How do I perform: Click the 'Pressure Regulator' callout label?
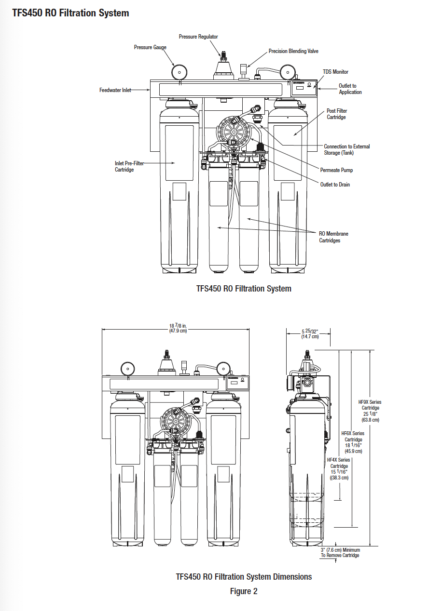click(198, 37)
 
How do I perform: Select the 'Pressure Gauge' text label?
click(150, 47)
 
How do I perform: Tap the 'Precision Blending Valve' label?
click(293, 51)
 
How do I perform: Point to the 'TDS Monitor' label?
click(335, 72)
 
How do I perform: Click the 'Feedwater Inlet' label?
click(115, 90)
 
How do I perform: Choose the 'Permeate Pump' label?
click(336, 170)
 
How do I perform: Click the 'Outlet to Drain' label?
click(335, 185)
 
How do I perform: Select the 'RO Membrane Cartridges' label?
click(333, 237)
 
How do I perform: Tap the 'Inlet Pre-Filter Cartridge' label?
click(129, 166)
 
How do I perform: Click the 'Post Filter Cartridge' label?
click(337, 114)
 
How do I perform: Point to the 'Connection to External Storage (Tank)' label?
click(346, 149)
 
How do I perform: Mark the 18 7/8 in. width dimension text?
click(178, 328)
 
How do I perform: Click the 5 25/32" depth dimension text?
click(310, 334)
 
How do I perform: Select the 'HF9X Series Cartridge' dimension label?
click(370, 411)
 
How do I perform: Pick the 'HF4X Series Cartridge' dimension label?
click(339, 469)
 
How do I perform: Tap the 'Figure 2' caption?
click(244, 591)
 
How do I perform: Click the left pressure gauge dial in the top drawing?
click(179, 73)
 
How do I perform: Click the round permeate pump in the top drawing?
click(233, 131)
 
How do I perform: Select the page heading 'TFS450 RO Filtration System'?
click(70, 13)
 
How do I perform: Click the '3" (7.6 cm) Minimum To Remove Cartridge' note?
click(340, 552)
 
